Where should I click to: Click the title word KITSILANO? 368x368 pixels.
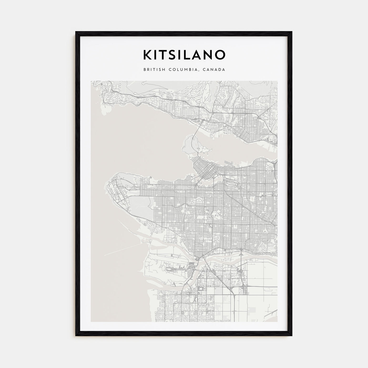point(184,55)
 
